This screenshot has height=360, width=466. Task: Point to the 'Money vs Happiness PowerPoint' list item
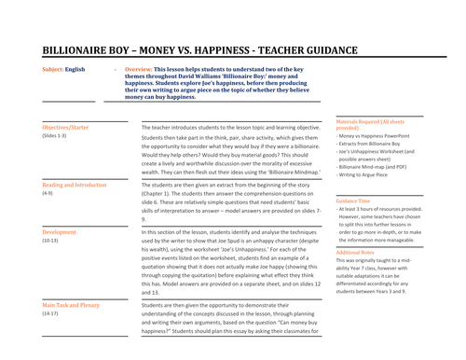coord(377,137)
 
